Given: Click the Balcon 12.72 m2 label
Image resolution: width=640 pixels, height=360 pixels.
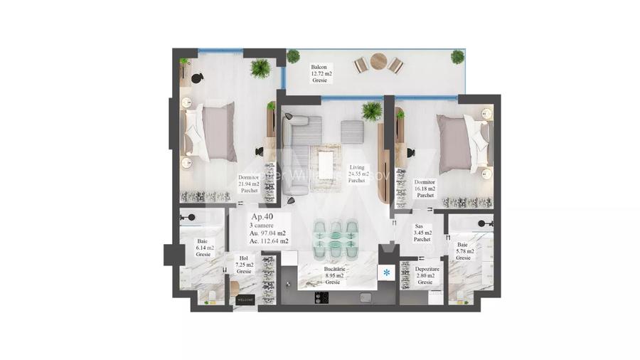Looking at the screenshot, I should click(321, 73).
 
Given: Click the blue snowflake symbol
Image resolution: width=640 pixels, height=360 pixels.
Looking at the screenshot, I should click(387, 272).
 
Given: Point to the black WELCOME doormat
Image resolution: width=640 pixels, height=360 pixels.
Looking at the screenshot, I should click(246, 299).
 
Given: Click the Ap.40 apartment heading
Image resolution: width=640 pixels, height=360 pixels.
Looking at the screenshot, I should click(262, 216).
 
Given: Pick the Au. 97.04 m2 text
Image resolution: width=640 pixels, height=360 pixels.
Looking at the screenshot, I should click(269, 233).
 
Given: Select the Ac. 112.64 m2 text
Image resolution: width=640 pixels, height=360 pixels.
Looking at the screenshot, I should click(270, 241).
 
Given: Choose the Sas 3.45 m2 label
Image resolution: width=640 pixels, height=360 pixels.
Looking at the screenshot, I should click(422, 232).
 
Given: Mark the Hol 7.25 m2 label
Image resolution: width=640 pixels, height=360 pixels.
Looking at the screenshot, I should click(244, 265).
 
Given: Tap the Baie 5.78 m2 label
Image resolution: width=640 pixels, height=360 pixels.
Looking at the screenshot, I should click(463, 251).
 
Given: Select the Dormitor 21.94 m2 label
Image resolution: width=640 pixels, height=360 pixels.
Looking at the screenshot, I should click(248, 184).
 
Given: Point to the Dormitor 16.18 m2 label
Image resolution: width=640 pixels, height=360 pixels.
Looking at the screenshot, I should click(425, 189).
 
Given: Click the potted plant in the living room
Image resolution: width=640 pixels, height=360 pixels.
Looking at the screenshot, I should click(371, 110).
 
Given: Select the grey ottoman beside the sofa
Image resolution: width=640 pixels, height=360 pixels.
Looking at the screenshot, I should click(352, 131).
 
